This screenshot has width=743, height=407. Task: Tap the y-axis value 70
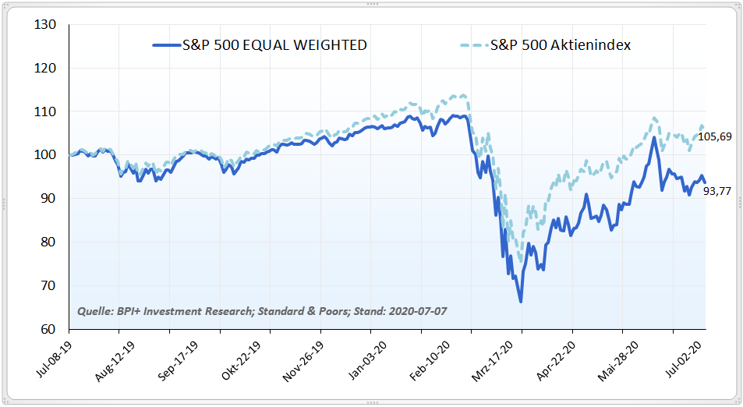click(x=49, y=285)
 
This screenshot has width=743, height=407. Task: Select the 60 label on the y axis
click(x=49, y=329)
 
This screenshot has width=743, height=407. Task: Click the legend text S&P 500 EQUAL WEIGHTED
click(x=274, y=45)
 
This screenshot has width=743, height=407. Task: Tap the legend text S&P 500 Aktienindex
click(x=561, y=45)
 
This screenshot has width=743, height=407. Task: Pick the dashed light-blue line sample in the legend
click(x=471, y=45)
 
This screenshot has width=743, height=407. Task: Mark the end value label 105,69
click(x=715, y=136)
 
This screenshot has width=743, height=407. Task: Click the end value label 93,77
click(x=717, y=191)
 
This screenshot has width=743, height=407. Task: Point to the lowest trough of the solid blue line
click(x=520, y=302)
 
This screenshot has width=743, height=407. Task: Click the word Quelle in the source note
click(x=94, y=312)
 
